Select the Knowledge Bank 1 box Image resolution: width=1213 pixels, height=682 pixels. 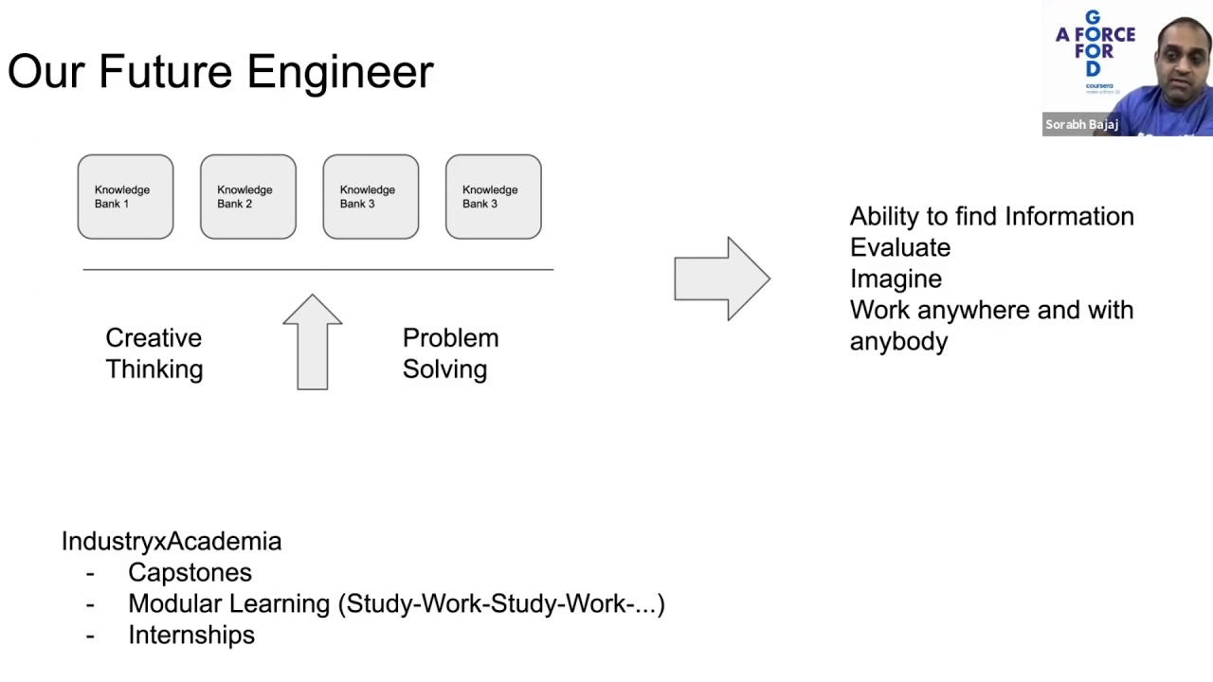click(125, 197)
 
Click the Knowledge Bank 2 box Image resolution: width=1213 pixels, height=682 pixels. click(247, 197)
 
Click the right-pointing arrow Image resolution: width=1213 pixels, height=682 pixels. click(722, 278)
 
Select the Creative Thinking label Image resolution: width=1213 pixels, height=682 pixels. click(154, 353)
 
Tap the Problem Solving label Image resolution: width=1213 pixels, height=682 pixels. click(449, 353)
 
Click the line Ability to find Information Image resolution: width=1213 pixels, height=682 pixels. click(991, 217)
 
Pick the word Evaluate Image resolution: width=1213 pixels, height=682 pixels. click(899, 248)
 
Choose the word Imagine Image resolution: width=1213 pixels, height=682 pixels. click(896, 279)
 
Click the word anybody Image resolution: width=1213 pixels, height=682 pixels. click(898, 342)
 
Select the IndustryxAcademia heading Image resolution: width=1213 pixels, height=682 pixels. click(172, 541)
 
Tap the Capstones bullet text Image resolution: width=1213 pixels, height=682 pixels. click(190, 572)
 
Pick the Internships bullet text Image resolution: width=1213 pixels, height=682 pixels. click(191, 635)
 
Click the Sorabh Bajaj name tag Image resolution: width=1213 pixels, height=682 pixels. click(1081, 124)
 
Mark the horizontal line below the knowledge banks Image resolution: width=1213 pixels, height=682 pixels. click(317, 270)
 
